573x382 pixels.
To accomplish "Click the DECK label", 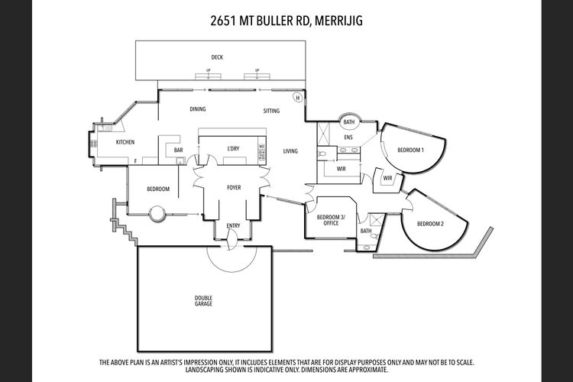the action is [217, 57].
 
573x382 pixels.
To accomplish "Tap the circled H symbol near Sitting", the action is [298, 98].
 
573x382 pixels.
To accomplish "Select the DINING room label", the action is [198, 109].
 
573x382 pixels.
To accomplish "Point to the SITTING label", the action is [271, 111].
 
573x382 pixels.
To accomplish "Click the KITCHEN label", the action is [125, 142].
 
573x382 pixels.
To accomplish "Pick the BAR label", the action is [178, 150].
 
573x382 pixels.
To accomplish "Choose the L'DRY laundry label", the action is [233, 148].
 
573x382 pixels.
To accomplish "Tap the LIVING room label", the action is [290, 151].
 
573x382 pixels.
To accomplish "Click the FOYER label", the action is [234, 187].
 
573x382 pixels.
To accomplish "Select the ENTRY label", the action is [233, 225].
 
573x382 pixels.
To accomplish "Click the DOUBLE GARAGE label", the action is [203, 301].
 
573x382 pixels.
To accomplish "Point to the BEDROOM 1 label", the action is [411, 150].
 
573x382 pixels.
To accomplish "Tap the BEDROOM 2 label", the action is [430, 224].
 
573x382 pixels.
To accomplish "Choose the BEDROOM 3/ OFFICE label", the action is [331, 220].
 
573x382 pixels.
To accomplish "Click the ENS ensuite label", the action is [348, 138].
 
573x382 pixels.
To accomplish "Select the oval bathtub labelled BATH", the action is [349, 121].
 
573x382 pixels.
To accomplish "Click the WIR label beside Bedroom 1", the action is [387, 178].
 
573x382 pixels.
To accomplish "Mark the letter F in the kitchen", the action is [135, 161].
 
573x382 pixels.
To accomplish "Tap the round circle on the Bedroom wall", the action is [157, 213].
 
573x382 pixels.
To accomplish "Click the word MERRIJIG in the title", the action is [338, 21].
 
